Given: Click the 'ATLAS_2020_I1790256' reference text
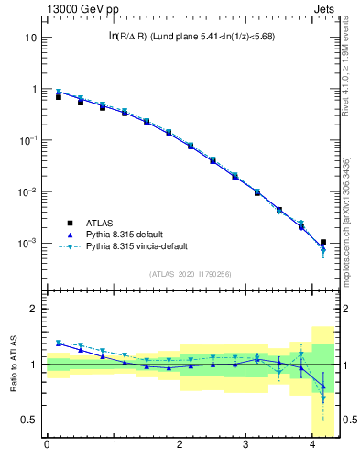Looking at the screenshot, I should pos(190,274).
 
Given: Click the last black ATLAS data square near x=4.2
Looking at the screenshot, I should pos(322,242).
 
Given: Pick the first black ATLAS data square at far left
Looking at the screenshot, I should pos(59,96).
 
